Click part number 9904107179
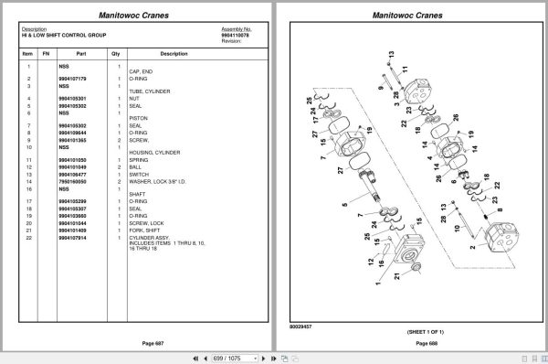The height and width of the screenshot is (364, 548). pos(73,79)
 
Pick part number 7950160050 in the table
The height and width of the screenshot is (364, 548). pos(73,181)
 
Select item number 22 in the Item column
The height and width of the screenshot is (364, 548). pos(29,237)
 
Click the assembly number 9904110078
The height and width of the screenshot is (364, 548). pos(236,35)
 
